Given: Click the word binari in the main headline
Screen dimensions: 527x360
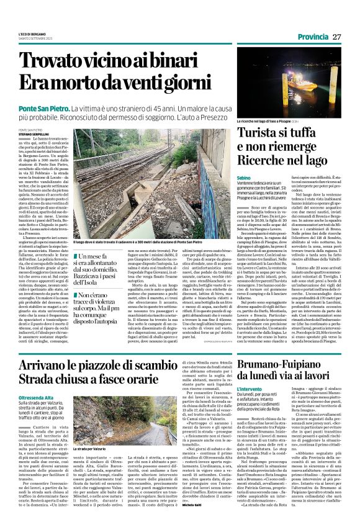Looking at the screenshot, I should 184,60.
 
